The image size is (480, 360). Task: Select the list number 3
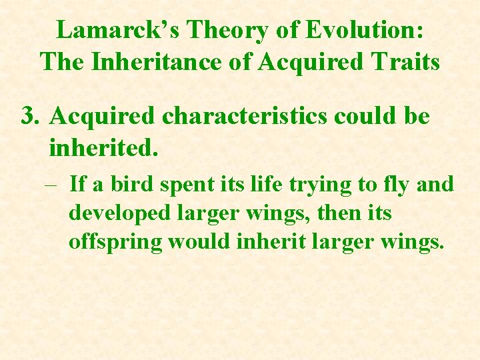point(28,116)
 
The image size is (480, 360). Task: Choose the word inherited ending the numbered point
point(103,147)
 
